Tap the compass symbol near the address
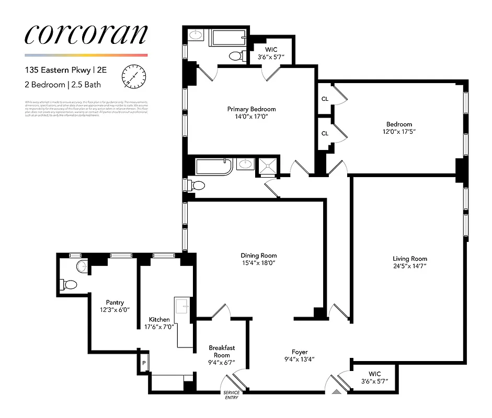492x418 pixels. tap(132, 76)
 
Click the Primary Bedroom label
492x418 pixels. tap(251, 109)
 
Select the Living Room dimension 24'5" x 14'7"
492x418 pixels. tap(410, 266)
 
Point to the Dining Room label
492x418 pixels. tap(258, 256)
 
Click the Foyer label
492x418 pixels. tap(300, 352)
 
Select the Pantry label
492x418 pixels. tap(115, 303)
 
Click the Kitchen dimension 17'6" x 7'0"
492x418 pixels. tap(159, 327)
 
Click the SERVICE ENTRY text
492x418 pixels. tap(231, 395)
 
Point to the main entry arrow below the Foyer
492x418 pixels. tap(335, 390)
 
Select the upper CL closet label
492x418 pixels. tap(325, 99)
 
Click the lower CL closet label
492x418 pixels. tap(325, 133)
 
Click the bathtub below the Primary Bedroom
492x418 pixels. tap(213, 167)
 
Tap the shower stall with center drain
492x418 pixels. tap(268, 166)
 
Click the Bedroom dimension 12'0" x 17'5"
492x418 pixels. tap(399, 132)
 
